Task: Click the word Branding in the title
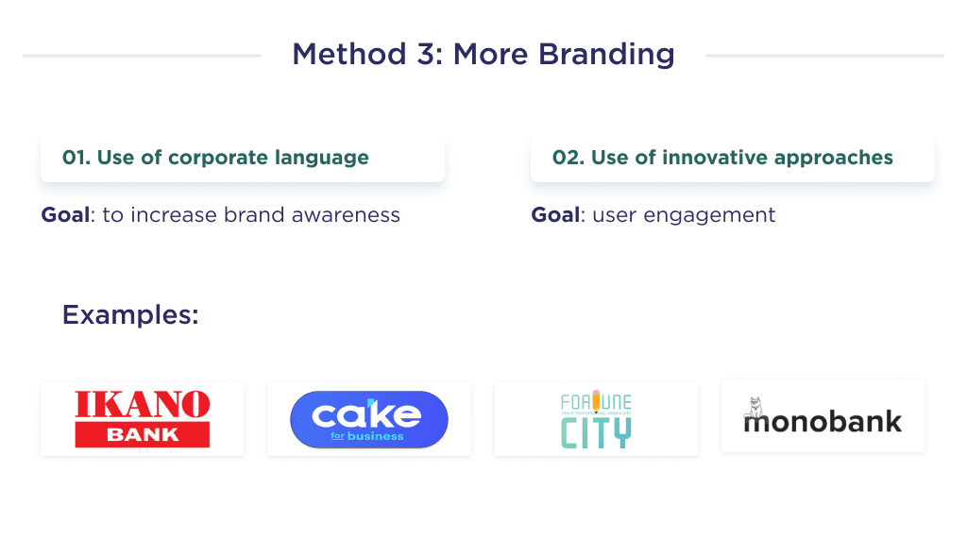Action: point(607,55)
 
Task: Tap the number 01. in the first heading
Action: point(76,158)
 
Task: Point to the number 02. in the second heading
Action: point(568,158)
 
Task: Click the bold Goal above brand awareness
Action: point(65,215)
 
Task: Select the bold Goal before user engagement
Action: point(555,215)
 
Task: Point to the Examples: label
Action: point(130,314)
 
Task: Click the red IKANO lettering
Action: point(143,405)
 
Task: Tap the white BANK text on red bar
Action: point(143,435)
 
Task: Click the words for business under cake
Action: point(368,436)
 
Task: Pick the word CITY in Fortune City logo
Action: point(596,430)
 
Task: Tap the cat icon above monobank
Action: point(755,407)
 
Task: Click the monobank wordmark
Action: point(823,422)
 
